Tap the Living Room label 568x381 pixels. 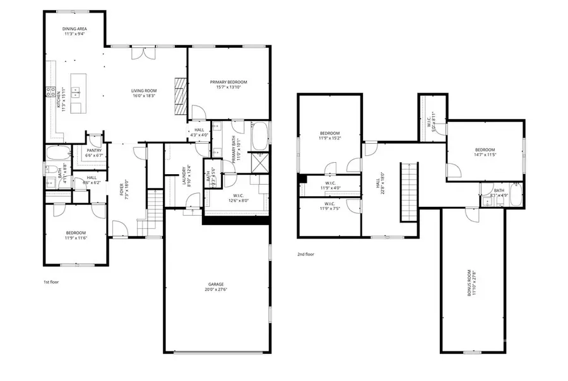(x=144, y=91)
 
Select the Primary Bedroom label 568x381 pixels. (x=228, y=82)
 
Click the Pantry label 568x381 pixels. (x=85, y=150)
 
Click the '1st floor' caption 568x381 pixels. (x=51, y=281)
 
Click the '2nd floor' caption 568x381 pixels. (x=305, y=255)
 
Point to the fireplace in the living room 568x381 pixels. (x=181, y=95)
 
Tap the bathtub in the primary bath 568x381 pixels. (x=260, y=135)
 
